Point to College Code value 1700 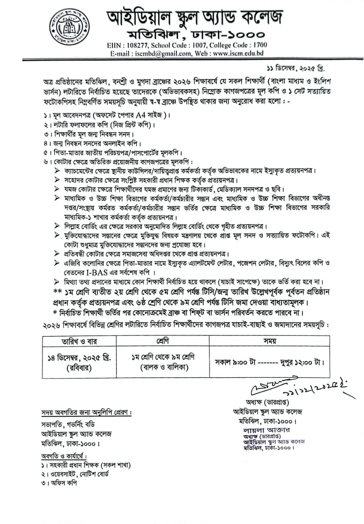(259, 45)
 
